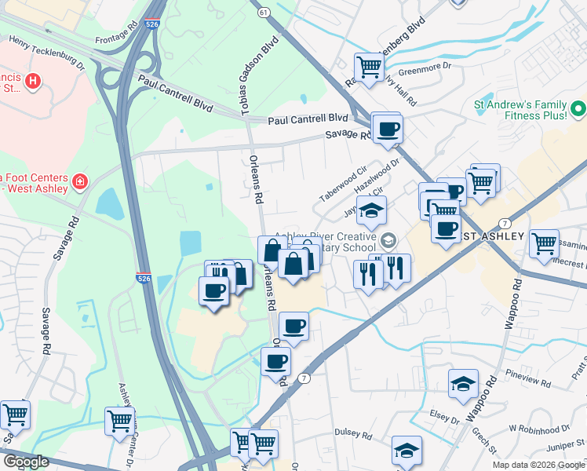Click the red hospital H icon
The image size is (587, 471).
point(32,80)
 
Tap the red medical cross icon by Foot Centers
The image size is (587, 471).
point(79,183)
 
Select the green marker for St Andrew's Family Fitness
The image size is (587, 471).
point(578,108)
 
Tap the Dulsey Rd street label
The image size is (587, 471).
point(352,433)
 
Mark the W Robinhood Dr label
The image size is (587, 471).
point(538,429)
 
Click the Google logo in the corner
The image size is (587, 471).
point(25,462)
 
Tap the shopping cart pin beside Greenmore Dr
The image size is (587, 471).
point(369,66)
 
